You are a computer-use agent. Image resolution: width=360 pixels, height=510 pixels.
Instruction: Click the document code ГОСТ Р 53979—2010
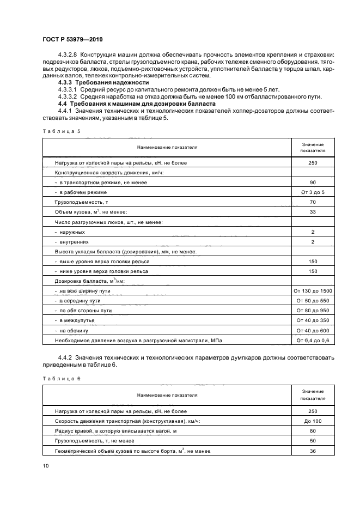coord(72,40)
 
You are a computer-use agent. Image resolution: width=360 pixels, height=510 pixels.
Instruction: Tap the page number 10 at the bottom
coord(45,465)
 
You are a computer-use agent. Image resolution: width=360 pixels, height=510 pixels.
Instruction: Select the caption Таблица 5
coord(61,131)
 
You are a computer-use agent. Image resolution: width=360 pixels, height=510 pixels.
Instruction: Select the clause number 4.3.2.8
coord(68,55)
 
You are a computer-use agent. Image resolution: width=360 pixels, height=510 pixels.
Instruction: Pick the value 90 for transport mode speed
coord(313,183)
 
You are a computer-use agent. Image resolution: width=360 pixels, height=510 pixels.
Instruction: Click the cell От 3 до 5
coord(313,192)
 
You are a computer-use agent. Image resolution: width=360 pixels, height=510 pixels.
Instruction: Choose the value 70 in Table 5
coord(313,202)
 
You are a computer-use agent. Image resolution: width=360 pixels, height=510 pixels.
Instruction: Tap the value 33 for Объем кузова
coord(313,212)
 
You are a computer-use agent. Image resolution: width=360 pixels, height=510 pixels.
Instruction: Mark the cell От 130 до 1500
coord(313,291)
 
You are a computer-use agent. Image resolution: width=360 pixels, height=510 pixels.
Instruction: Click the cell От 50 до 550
coord(313,301)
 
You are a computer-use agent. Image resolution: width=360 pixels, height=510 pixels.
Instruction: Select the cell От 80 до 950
coord(313,311)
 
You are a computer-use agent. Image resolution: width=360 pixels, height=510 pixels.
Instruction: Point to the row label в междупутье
coord(78,320)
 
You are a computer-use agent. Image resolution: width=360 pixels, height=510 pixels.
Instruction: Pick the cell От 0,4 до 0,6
coord(313,340)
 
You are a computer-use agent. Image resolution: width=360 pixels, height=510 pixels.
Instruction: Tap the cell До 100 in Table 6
coord(313,421)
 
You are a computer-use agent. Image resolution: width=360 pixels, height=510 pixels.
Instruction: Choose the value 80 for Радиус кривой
coord(313,431)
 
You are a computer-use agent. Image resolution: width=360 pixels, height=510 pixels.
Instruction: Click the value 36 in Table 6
coord(313,451)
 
